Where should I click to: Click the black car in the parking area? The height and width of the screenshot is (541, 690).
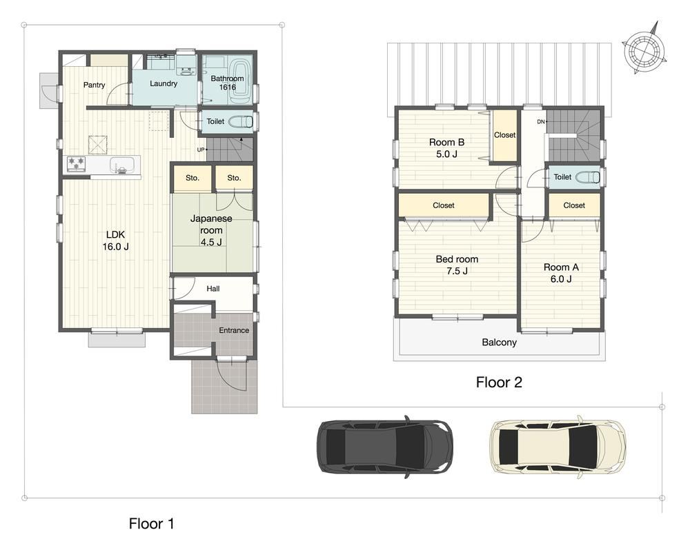coord(384,447)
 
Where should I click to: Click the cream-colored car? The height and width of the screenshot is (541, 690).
coord(558,447)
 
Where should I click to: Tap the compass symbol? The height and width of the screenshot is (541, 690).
coord(643,48)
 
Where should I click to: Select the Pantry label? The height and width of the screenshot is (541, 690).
coord(94,85)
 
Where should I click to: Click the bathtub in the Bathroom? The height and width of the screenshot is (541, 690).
coord(240,82)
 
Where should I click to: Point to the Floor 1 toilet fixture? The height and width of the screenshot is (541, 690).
coord(241,121)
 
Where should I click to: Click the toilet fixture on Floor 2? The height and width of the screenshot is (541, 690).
coord(588,177)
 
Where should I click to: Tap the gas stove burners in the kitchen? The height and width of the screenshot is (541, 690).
coord(76,164)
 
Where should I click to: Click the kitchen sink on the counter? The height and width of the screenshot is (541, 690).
coord(122,165)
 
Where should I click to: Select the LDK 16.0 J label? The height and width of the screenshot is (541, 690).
coord(116,241)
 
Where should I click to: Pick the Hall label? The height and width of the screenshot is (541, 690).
coord(213,289)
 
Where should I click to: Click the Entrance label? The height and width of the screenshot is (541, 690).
coord(234,330)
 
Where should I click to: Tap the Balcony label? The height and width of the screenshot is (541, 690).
coord(499,343)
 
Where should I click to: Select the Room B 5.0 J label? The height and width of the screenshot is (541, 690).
coord(446,148)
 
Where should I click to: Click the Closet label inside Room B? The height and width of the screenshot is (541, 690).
coord(505,135)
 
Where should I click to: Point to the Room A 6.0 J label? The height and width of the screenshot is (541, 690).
coord(561,273)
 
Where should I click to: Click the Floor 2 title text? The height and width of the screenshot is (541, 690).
coord(499,382)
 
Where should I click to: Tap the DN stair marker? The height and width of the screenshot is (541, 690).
coord(541,122)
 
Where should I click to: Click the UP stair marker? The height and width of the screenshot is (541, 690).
coord(201,150)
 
